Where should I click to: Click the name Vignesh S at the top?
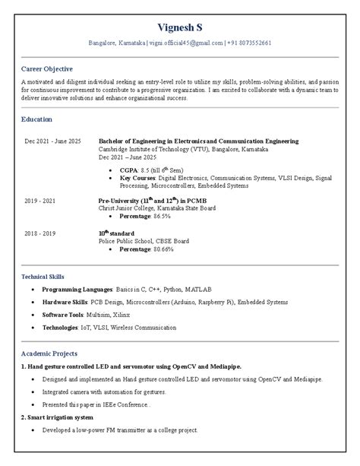point(179,27)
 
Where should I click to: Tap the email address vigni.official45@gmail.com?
point(186,43)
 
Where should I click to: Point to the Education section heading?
point(37,119)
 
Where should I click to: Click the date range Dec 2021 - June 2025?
point(53,141)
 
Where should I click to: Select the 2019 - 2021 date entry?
point(39,201)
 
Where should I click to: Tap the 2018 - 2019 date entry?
point(39,233)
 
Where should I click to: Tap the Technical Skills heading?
point(46,277)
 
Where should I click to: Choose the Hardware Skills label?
point(65,303)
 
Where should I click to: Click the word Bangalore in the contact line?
point(103,43)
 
